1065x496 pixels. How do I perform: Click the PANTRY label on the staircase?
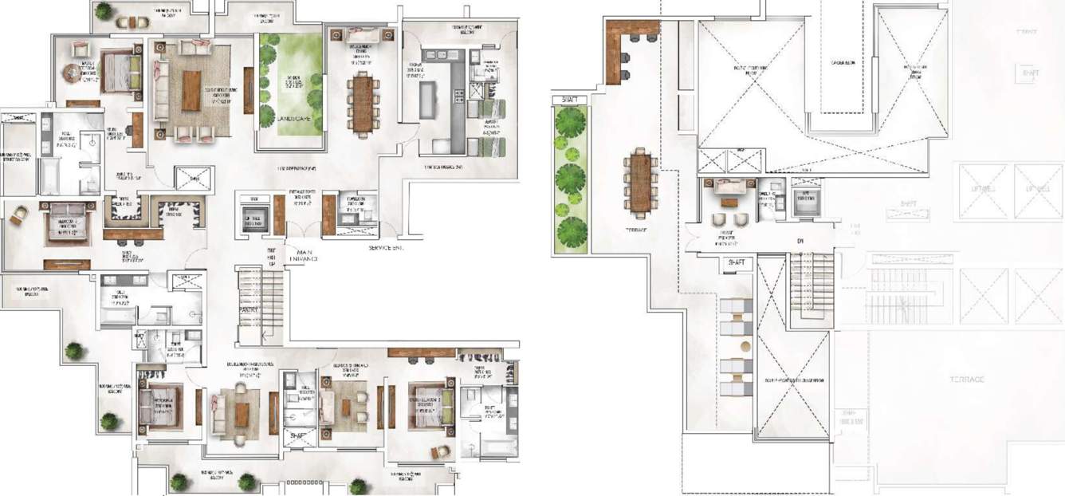pyautogui.click(x=250, y=309)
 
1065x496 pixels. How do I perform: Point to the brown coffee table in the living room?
pyautogui.click(x=191, y=91)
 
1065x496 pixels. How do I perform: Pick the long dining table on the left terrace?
pyautogui.click(x=640, y=182)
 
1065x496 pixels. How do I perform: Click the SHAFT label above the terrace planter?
pyautogui.click(x=569, y=100)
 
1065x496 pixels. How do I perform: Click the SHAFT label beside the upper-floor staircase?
pyautogui.click(x=734, y=263)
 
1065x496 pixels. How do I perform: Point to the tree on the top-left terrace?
pyautogui.click(x=104, y=10)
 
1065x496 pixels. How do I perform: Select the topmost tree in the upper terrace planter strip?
pyautogui.click(x=569, y=124)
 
